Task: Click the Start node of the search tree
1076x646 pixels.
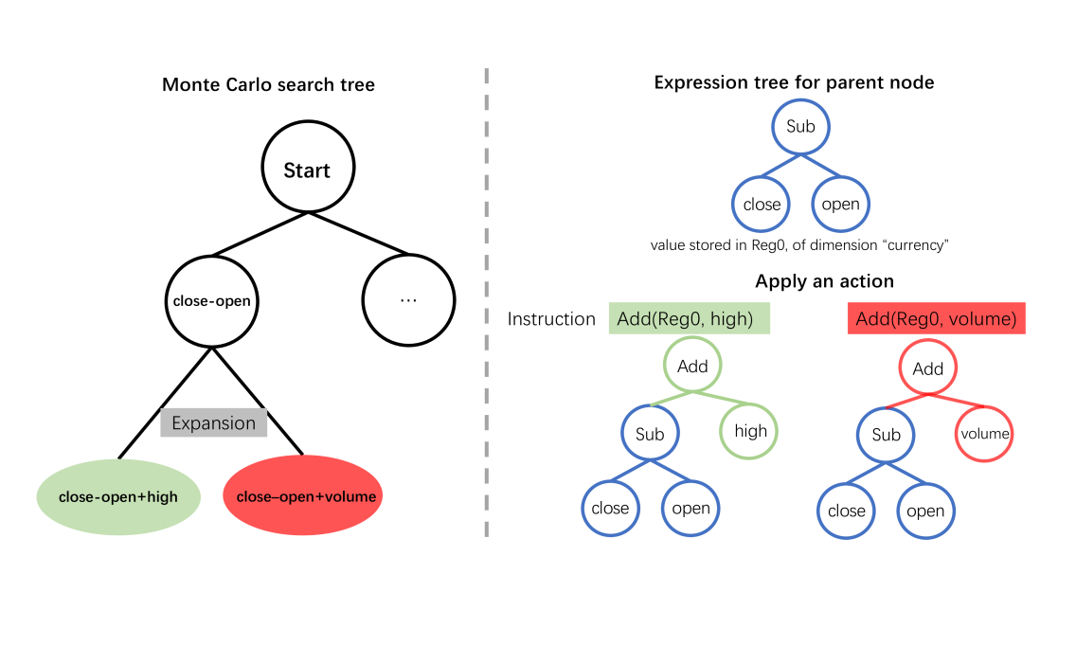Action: [307, 170]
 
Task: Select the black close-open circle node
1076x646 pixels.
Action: [212, 301]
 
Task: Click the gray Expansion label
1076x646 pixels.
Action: [213, 422]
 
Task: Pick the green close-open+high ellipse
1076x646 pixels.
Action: [118, 496]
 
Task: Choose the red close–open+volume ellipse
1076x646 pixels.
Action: [303, 496]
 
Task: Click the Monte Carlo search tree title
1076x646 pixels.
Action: [268, 84]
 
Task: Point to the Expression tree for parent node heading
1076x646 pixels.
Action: [794, 82]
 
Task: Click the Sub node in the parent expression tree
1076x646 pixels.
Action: [800, 127]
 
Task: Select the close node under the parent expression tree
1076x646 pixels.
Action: [762, 205]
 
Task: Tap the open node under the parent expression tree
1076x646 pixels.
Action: [841, 205]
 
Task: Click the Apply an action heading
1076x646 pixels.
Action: [824, 281]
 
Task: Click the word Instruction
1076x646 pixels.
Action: [551, 319]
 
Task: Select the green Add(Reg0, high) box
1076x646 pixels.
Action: [690, 319]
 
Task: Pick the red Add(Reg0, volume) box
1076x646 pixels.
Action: [936, 319]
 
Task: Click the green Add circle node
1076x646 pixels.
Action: [692, 367]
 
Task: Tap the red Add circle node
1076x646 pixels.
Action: [928, 369]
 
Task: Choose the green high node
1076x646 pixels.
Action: [750, 431]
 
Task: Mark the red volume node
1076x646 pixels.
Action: [985, 434]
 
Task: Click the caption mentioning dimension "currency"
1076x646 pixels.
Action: [799, 245]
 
